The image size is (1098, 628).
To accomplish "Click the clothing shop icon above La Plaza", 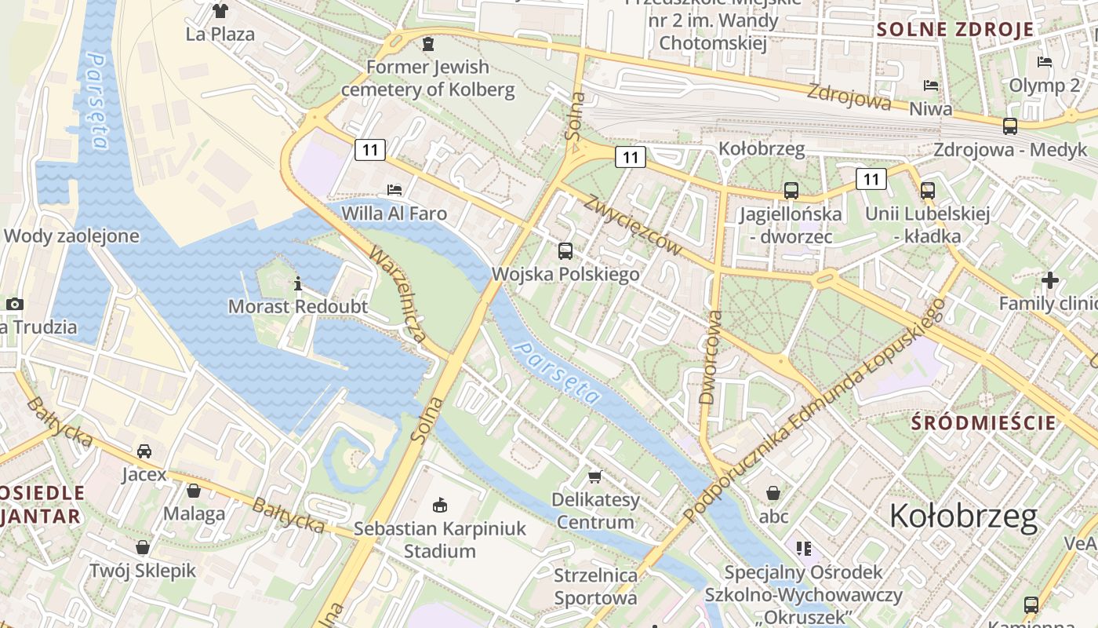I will pos(220,11).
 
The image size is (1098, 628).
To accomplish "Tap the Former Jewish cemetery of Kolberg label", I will pos(428,78).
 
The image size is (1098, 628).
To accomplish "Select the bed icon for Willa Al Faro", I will pos(394,190).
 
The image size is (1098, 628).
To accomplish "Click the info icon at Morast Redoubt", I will pos(298,283).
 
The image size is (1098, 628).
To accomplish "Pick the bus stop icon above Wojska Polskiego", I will pos(565,251).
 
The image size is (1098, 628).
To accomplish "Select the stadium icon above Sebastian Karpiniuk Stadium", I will pos(439,505).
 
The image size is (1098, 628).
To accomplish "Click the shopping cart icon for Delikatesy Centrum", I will pos(595,476).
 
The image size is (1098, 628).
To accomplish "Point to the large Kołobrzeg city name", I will pos(963,517).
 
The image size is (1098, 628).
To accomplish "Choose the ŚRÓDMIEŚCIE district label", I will pos(983,422).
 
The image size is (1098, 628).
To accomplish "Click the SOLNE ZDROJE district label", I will pos(954,30).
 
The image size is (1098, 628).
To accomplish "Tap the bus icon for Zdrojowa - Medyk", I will pos(1010,126).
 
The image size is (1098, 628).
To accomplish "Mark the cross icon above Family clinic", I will pos(1049,279).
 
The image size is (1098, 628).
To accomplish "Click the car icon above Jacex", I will pos(144,451).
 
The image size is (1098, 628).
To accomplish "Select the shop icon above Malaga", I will pos(194,491).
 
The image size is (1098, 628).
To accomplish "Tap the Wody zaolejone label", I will pos(71,235).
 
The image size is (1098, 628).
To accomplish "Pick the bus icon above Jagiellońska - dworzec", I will pos(791,190).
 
